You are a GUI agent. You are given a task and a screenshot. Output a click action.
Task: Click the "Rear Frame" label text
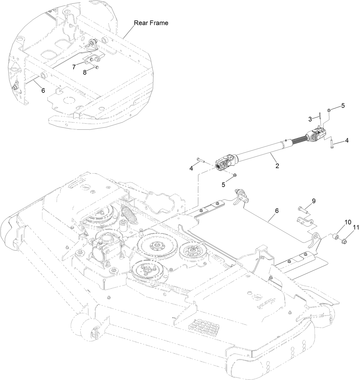coord(151,23)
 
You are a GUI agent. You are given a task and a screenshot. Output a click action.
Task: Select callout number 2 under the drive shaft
coord(277,166)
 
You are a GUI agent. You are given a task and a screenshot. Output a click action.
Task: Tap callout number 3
coord(310,119)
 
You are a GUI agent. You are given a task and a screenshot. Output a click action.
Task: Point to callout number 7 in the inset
coord(74,67)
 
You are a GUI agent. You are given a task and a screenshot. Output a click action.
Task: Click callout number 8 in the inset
coord(85,72)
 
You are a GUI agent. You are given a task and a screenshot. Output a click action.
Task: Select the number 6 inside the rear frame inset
coord(43,90)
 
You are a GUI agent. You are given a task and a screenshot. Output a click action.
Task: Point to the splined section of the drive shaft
coord(299,140)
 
